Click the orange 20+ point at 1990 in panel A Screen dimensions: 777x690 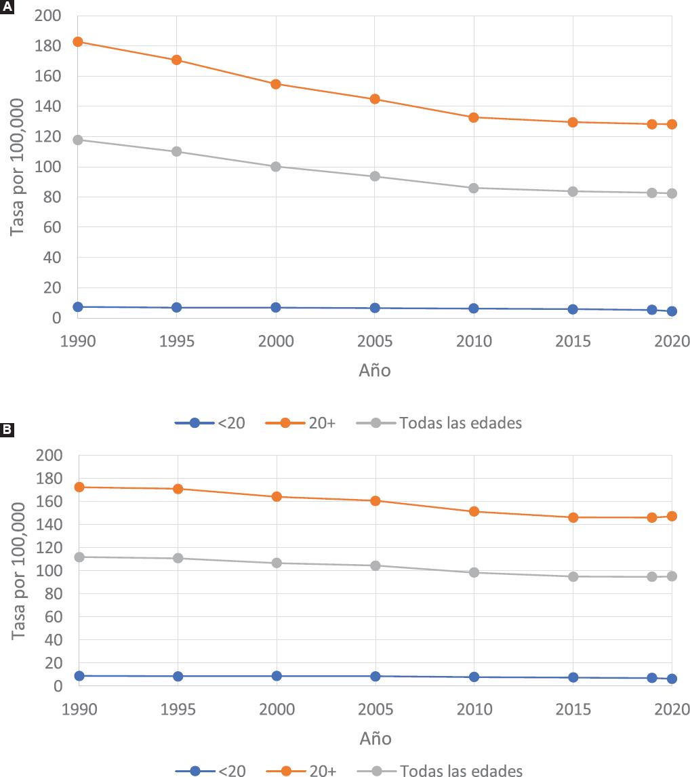[78, 42]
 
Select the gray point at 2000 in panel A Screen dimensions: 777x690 [276, 167]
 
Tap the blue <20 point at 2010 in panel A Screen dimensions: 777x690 [474, 308]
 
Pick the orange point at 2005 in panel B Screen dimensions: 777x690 [375, 501]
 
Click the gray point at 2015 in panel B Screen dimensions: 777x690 [573, 577]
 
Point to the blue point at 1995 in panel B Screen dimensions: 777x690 [177, 676]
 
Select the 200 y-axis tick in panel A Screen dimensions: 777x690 [47, 16]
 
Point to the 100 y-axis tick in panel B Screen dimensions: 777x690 [47, 571]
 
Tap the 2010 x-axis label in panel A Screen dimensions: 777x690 [474, 340]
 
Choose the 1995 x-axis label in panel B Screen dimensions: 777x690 [177, 709]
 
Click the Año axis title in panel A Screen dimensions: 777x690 [375, 371]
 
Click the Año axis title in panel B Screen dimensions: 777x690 [375, 738]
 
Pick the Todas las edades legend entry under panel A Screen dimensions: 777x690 [460, 423]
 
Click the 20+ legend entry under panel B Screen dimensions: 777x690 [321, 771]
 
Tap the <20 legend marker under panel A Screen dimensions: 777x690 [195, 423]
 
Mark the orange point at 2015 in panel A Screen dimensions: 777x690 [573, 122]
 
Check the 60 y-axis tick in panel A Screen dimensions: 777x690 [52, 228]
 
